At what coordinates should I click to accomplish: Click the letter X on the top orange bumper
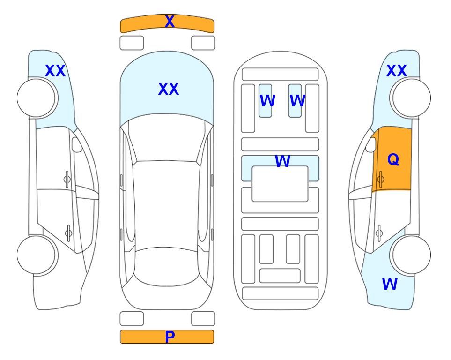pyautogui.click(x=170, y=22)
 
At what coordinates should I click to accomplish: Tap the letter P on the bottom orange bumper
pyautogui.click(x=170, y=337)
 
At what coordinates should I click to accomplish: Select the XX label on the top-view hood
pyautogui.click(x=169, y=89)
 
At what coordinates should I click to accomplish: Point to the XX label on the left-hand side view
pyautogui.click(x=55, y=71)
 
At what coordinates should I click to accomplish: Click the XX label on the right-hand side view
pyautogui.click(x=396, y=71)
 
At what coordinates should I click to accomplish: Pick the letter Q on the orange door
pyautogui.click(x=393, y=159)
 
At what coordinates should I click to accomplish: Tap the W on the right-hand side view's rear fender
pyautogui.click(x=390, y=284)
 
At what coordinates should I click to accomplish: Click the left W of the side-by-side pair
pyautogui.click(x=267, y=101)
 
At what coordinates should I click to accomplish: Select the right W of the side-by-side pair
pyautogui.click(x=297, y=101)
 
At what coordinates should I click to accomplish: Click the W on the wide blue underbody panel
pyautogui.click(x=282, y=161)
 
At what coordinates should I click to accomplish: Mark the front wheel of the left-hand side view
pyautogui.click(x=37, y=98)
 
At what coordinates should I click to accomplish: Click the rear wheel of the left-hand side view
pyautogui.click(x=37, y=255)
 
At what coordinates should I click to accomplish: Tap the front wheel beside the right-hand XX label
pyautogui.click(x=410, y=98)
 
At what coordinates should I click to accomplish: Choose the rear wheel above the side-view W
pyautogui.click(x=410, y=255)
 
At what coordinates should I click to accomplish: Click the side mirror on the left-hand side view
pyautogui.click(x=77, y=145)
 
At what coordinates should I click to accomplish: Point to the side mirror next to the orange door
pyautogui.click(x=371, y=145)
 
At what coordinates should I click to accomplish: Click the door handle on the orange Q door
pyautogui.click(x=381, y=179)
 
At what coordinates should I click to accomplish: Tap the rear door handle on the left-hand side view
pyautogui.click(x=68, y=232)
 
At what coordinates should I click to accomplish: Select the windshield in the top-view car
pyautogui.click(x=167, y=138)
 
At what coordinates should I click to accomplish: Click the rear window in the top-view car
pyautogui.click(x=167, y=266)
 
